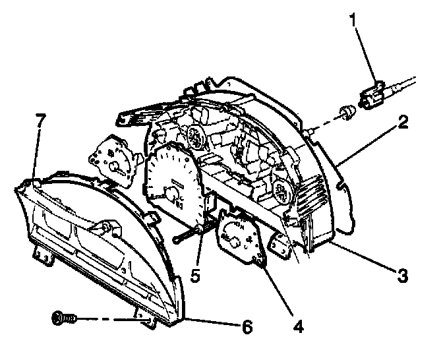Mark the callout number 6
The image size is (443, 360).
click(247, 326)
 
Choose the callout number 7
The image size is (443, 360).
click(40, 121)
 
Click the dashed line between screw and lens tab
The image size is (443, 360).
click(109, 319)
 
